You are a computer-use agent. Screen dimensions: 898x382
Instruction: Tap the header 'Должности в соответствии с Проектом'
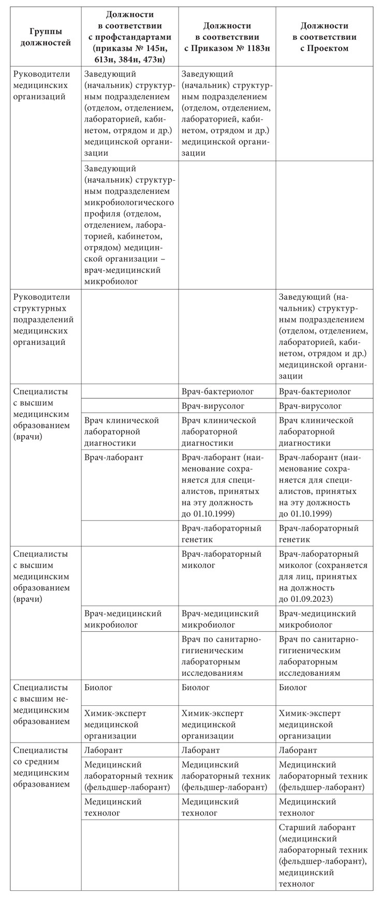[324, 37]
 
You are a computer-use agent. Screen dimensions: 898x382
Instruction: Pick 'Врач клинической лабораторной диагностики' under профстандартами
[122, 431]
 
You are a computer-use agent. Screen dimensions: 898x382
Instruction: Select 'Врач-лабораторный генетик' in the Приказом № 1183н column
[222, 534]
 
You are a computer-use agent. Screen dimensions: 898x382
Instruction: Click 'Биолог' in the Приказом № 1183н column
[196, 688]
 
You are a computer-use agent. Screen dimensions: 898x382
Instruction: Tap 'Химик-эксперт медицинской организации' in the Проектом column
[310, 725]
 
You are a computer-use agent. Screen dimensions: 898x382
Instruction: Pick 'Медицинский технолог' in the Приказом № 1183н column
[210, 807]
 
